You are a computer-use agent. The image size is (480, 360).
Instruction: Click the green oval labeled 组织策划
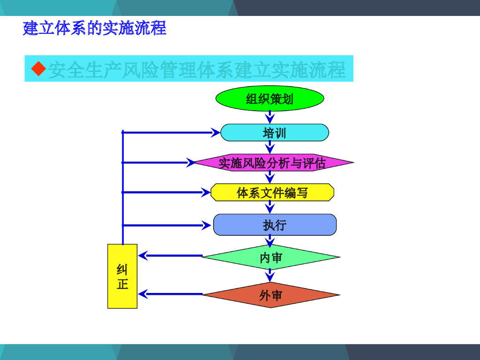(270, 98)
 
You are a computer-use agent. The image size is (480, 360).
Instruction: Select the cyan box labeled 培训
(275, 133)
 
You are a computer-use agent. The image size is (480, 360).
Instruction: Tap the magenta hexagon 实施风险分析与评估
(273, 163)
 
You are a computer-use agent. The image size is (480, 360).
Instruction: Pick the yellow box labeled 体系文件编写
(272, 192)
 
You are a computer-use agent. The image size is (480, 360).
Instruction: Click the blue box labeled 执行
(275, 225)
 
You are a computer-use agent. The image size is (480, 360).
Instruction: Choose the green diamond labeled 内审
(271, 257)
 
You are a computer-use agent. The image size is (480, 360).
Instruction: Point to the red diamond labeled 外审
(271, 295)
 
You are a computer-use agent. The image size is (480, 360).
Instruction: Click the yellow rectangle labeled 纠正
(122, 276)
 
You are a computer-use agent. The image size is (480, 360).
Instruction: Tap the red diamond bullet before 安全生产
(38, 69)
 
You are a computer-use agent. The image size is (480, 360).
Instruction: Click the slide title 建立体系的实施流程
(95, 28)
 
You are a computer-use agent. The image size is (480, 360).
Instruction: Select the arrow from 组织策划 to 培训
(270, 117)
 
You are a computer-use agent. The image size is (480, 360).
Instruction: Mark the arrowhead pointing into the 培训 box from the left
(215, 133)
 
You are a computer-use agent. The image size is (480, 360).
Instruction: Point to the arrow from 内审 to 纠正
(171, 255)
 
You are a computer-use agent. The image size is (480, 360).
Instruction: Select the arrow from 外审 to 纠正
(171, 294)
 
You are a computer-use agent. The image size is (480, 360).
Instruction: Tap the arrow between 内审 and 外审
(270, 275)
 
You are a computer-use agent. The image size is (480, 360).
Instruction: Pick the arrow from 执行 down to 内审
(270, 240)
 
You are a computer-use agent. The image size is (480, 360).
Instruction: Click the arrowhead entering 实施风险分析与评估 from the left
(191, 163)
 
